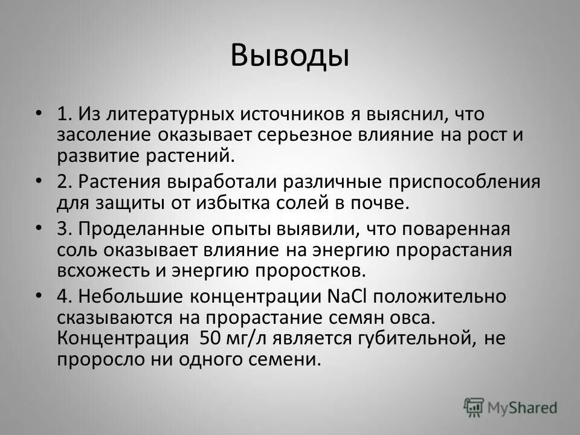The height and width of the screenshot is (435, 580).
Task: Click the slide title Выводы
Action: (290, 56)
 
